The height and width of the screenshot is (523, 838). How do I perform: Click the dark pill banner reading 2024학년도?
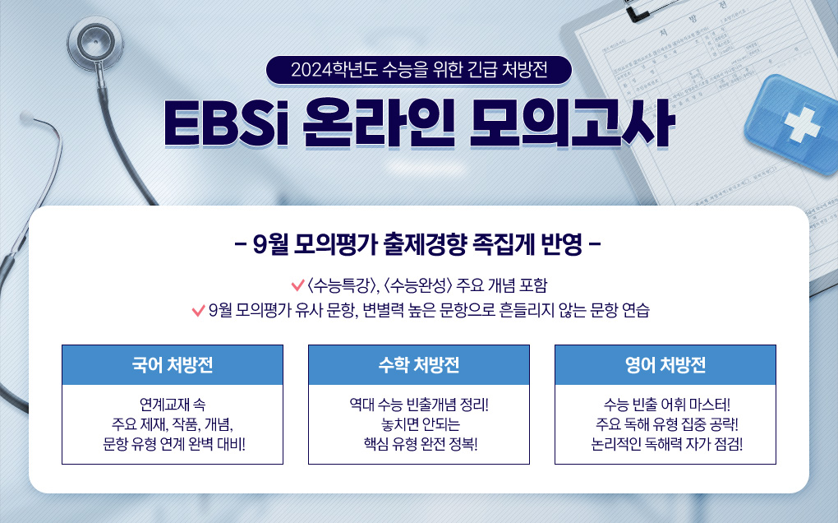point(418,67)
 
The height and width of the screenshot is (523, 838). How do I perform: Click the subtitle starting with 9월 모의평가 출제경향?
point(418,244)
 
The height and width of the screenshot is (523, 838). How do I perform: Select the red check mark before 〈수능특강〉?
point(298,285)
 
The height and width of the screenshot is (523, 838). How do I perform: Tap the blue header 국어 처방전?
point(173,365)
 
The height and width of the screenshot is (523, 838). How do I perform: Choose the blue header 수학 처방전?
point(419,365)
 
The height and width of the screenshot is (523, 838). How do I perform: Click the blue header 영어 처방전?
point(665,365)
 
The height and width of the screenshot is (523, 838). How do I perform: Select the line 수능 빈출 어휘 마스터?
point(665,405)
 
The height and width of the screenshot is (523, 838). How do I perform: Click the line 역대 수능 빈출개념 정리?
point(419,405)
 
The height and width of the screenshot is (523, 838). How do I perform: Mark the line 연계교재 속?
point(173,405)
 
